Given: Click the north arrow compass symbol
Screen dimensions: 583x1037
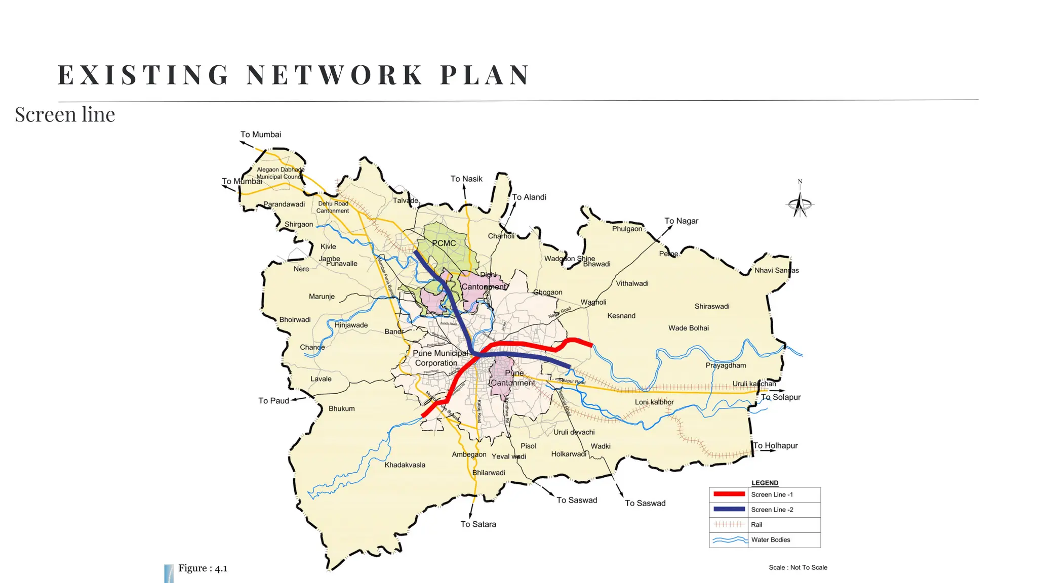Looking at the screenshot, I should tap(800, 203).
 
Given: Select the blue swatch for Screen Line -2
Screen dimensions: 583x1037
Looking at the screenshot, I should tap(729, 509).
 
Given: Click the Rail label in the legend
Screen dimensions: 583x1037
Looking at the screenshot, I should tap(756, 525).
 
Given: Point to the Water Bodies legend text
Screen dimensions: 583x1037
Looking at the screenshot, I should tap(770, 540).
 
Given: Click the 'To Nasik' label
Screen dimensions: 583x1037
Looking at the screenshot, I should tap(466, 179).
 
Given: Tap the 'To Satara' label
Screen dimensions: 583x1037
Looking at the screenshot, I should tap(478, 524).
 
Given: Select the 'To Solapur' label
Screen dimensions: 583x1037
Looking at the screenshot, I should tap(781, 397).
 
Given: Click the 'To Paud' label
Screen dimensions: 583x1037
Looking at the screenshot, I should tap(273, 401).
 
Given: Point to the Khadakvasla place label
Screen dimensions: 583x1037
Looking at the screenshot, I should tap(405, 465).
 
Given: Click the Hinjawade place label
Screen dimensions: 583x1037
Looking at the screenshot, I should tap(351, 325).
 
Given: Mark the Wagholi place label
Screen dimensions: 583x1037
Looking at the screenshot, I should tap(593, 302).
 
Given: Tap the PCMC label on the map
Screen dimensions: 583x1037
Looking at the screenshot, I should tap(444, 243).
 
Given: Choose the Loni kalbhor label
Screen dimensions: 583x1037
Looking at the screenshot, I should tap(654, 402).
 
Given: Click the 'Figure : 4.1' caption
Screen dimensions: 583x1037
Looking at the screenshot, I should tap(203, 568).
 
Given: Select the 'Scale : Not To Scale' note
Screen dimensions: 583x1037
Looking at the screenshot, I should tap(797, 568).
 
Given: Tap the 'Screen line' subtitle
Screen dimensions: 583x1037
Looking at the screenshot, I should tap(65, 115).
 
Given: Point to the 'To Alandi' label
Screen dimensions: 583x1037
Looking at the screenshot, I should tap(529, 197).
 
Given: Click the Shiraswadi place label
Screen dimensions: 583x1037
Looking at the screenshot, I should tap(712, 307).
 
